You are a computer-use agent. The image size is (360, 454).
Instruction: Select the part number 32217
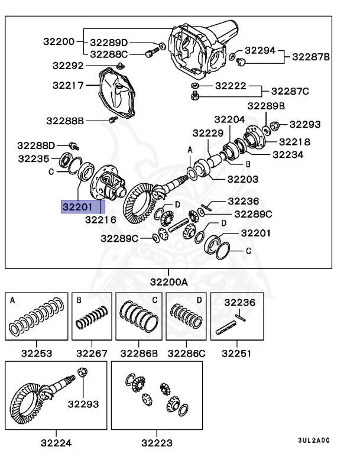pyautogui.click(x=67, y=85)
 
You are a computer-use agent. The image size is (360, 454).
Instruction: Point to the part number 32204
pyautogui.click(x=229, y=119)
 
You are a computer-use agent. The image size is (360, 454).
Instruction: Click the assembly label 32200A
pyautogui.click(x=168, y=282)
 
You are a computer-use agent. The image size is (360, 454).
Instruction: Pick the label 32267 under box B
pyautogui.click(x=92, y=354)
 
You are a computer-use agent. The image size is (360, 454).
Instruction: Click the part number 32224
pyautogui.click(x=56, y=442)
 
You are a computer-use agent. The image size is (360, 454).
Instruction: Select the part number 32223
pyautogui.click(x=157, y=442)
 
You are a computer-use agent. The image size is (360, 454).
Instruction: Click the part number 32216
pyautogui.click(x=100, y=219)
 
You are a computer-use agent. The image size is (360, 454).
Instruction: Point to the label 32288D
pyautogui.click(x=36, y=145)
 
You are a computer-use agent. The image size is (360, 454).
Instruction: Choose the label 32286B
pyautogui.click(x=139, y=354)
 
